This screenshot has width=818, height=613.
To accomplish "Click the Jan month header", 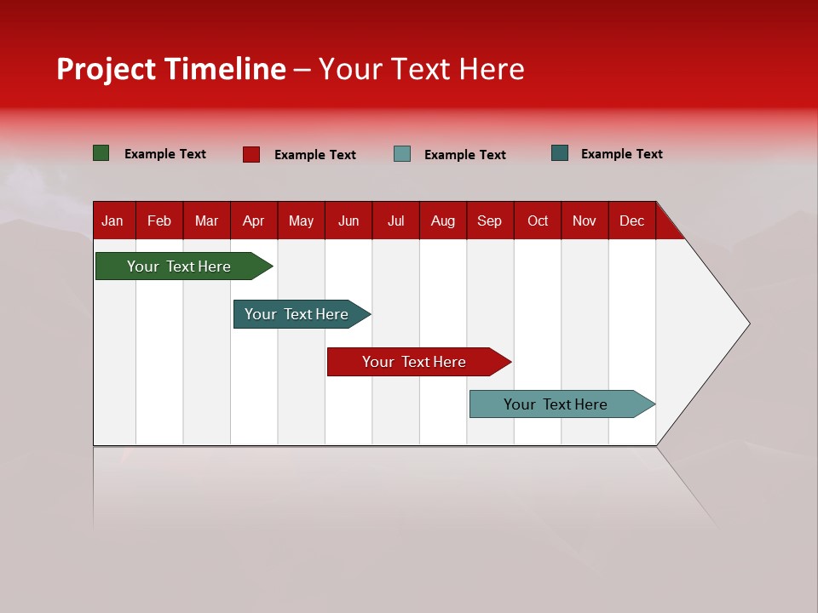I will point(112,221).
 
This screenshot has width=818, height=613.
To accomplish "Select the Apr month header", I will point(253,221).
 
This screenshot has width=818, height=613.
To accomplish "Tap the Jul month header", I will point(395,221).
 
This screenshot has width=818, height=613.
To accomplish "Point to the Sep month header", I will point(489,221).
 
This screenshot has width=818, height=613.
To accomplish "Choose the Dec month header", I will point(631,221).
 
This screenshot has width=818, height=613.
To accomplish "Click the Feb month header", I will point(159,221).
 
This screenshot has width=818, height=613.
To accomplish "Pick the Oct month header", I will point(538,221).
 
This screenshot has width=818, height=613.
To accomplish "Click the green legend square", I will point(101,153).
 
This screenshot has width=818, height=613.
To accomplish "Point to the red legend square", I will point(251,154).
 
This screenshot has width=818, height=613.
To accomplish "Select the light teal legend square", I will point(402,154).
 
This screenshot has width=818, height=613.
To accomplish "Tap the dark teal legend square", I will point(560,153).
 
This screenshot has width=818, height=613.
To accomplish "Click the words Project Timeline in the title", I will point(171,69).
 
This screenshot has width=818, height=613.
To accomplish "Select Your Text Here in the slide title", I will point(421,69).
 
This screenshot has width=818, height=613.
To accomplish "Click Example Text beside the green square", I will point(165,154).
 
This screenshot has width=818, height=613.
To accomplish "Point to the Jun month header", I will point(349,221).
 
